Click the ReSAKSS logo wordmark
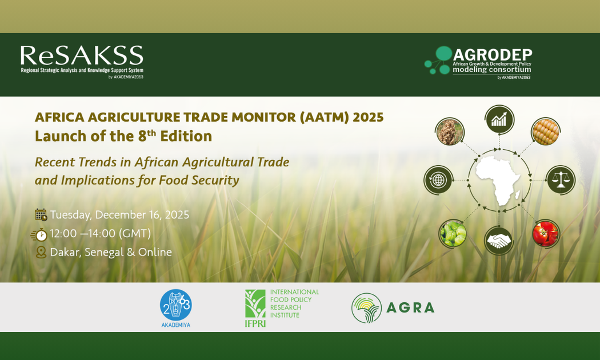coord(82,57)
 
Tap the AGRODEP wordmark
coord(492,54)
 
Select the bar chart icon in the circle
coord(499,119)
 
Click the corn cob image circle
coord(545,131)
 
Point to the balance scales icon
coord(561,180)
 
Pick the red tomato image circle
coord(545,233)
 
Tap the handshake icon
coord(499,241)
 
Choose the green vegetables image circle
coord(453,233)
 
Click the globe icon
coord(438,180)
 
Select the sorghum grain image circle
coord(450,131)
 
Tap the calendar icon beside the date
coord(41,215)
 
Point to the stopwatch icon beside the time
coord(39,234)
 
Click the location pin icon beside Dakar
coord(41,252)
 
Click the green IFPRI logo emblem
coord(255,305)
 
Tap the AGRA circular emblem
coord(366,308)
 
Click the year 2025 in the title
coord(368,117)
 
